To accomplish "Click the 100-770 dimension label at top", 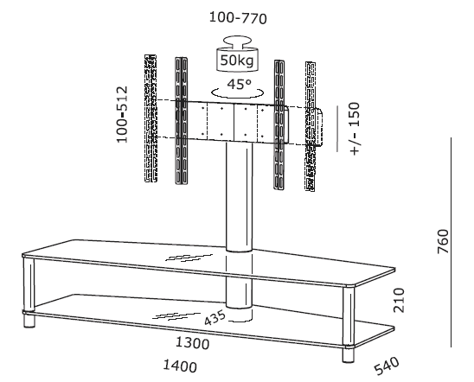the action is point(238,18).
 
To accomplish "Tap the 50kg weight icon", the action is point(237,54).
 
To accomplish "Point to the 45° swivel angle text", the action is point(239,84).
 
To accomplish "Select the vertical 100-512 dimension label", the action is point(123,114).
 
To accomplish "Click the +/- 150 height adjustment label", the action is point(355,129).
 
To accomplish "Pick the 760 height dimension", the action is point(443,242).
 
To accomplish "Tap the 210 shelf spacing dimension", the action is point(399,300).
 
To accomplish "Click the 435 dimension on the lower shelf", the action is point(215,318).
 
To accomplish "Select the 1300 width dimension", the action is point(193,343).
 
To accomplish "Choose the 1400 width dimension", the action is point(180,366).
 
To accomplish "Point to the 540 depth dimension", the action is point(387,366).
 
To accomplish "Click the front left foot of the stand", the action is point(29,321).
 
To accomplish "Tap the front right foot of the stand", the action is point(349,355).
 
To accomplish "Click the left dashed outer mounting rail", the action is point(151,118).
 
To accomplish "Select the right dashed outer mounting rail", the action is point(311,126).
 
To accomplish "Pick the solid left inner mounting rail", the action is point(181,121).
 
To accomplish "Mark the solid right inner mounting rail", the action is point(279,124).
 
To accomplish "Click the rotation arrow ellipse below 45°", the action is point(237,93).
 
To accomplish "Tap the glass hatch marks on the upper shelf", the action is point(189,258).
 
